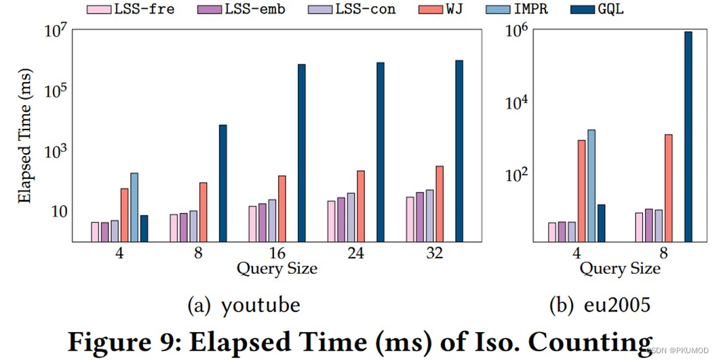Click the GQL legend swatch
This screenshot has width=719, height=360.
[583, 9]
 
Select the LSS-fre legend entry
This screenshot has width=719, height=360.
[131, 9]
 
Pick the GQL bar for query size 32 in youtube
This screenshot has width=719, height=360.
[459, 151]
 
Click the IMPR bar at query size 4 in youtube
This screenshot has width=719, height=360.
[134, 207]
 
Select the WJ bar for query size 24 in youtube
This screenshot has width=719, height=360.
[361, 206]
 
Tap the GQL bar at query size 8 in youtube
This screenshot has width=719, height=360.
[223, 184]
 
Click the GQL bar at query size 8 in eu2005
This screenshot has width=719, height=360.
[688, 137]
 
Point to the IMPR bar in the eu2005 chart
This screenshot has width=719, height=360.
[591, 186]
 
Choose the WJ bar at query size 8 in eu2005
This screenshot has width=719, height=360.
[669, 188]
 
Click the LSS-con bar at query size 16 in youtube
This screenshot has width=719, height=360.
[273, 220]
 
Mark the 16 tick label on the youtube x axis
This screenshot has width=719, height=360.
[277, 253]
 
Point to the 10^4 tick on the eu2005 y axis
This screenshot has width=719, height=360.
[516, 103]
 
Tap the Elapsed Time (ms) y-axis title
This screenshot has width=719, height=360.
[25, 136]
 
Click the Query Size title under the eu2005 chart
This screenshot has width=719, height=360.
[620, 268]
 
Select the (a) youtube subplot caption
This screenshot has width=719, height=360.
[244, 305]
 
